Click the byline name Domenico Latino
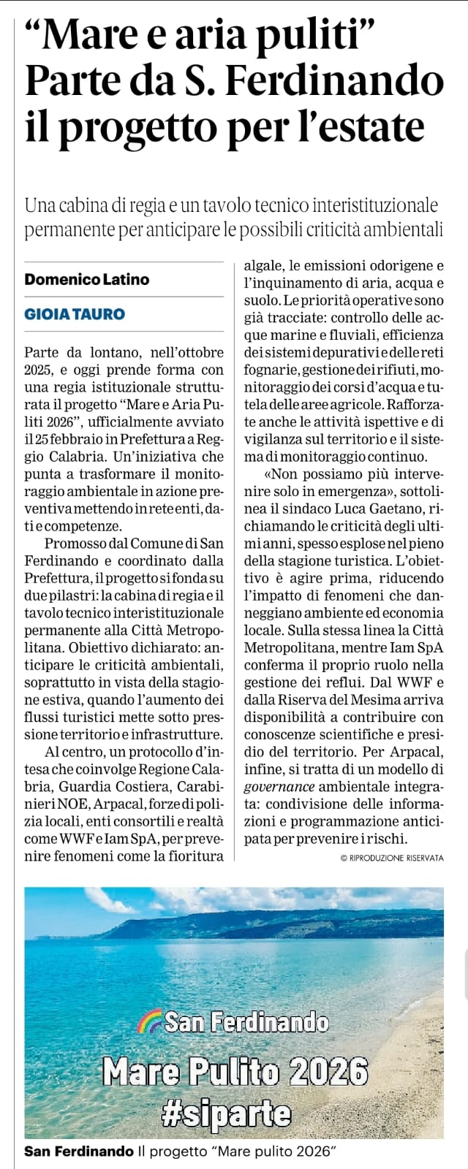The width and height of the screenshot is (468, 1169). click(x=86, y=278)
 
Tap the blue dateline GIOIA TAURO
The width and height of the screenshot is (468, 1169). click(x=75, y=314)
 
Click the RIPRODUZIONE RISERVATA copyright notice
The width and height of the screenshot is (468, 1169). click(x=392, y=858)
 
